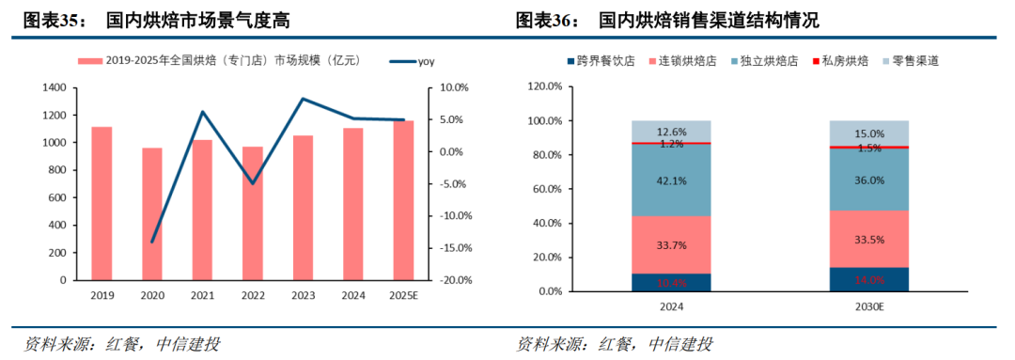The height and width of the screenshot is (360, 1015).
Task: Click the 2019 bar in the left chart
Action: pyautogui.click(x=101, y=203)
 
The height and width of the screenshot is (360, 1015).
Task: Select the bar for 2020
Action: pyautogui.click(x=152, y=214)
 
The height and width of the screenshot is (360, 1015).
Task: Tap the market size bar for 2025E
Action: pyautogui.click(x=403, y=200)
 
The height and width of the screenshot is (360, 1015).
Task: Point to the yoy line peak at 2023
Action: pyautogui.click(x=303, y=99)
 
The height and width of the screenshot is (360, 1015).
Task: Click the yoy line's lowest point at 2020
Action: pyautogui.click(x=152, y=242)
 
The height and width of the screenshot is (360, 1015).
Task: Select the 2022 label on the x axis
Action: pyautogui.click(x=253, y=296)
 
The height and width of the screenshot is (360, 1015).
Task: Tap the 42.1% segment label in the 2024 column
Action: pyautogui.click(x=671, y=180)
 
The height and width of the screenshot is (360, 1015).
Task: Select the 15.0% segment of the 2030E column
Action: pyautogui.click(x=868, y=133)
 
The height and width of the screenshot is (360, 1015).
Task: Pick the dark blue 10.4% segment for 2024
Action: pyautogui.click(x=671, y=282)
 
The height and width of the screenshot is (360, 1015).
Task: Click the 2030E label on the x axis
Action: pyautogui.click(x=868, y=306)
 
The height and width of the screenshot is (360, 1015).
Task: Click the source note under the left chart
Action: pyautogui.click(x=122, y=344)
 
